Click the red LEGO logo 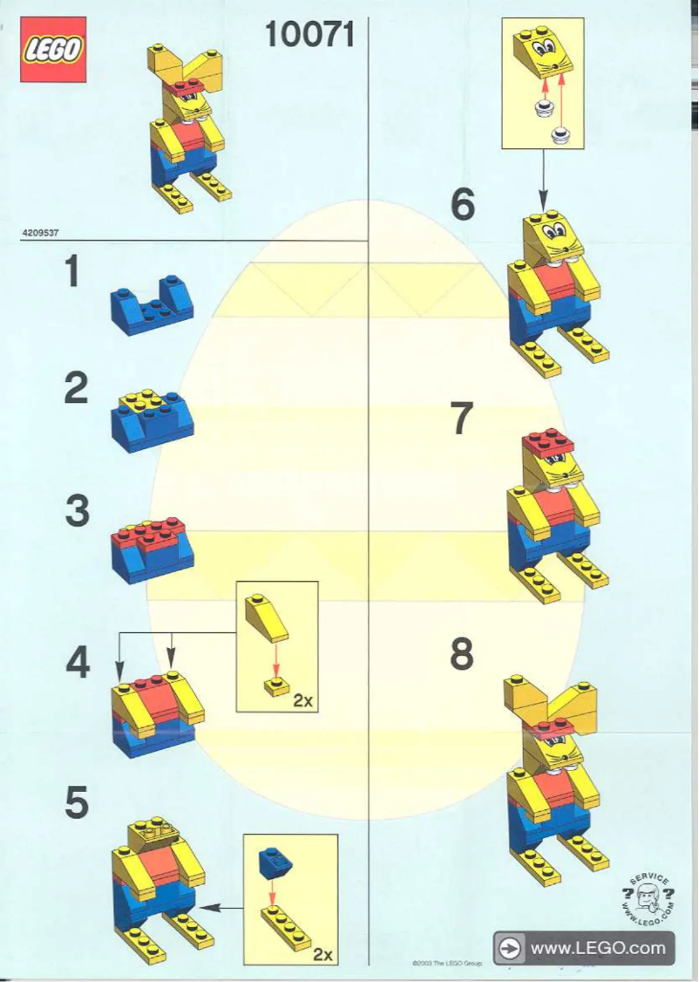[53, 50]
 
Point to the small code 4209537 [40, 233]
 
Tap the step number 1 [78, 273]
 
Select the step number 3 [78, 511]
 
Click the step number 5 [78, 804]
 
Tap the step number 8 [462, 655]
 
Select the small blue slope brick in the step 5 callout [271, 863]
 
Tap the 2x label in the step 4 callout [302, 700]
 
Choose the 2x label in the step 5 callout [322, 954]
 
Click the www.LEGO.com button [584, 948]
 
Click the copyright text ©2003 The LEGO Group [446, 964]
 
